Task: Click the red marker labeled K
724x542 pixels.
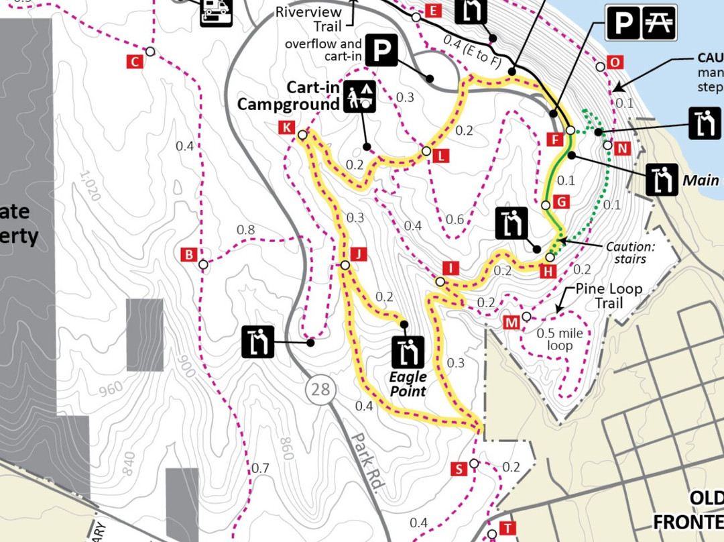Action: pos(287,127)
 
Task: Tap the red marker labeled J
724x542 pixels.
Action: pos(359,254)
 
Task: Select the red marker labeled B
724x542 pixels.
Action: pos(189,255)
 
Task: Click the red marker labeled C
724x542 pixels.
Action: pos(134,62)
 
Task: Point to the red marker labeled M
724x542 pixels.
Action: pos(511,323)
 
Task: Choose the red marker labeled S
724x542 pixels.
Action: pos(459,469)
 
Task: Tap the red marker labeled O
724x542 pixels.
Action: pos(615,63)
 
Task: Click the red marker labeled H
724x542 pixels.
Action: pos(548,271)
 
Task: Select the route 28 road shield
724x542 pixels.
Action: pos(320,389)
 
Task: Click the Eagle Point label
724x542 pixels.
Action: pos(408,384)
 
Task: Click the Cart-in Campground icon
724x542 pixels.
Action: pos(360,97)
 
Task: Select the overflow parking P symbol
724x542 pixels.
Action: pos(382,52)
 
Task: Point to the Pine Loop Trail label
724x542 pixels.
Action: pos(609,296)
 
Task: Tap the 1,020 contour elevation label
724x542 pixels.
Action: pos(90,186)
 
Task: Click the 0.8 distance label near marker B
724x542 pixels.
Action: pos(246,230)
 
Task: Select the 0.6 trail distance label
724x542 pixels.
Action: pos(455,219)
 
